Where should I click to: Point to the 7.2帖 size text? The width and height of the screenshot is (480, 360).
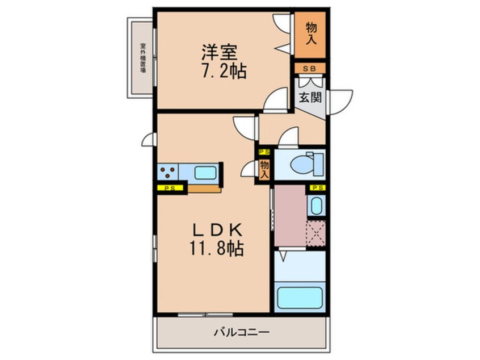click(x=223, y=72)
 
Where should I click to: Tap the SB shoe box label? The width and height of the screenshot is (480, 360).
click(x=310, y=69)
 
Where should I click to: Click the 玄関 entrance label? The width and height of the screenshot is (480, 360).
click(x=310, y=97)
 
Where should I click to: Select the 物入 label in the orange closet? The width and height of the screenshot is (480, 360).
click(x=311, y=34)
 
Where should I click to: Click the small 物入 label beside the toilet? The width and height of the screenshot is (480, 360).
click(x=264, y=170)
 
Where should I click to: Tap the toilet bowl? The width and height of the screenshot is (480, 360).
click(x=301, y=165)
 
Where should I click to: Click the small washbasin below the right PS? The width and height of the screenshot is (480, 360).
click(x=316, y=205)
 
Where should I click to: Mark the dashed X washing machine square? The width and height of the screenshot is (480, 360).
click(x=315, y=233)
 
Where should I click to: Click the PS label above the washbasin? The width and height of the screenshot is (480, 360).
click(x=317, y=187)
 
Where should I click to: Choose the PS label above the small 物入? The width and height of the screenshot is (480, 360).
click(x=264, y=152)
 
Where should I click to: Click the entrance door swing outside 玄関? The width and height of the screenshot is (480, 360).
click(x=341, y=101)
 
